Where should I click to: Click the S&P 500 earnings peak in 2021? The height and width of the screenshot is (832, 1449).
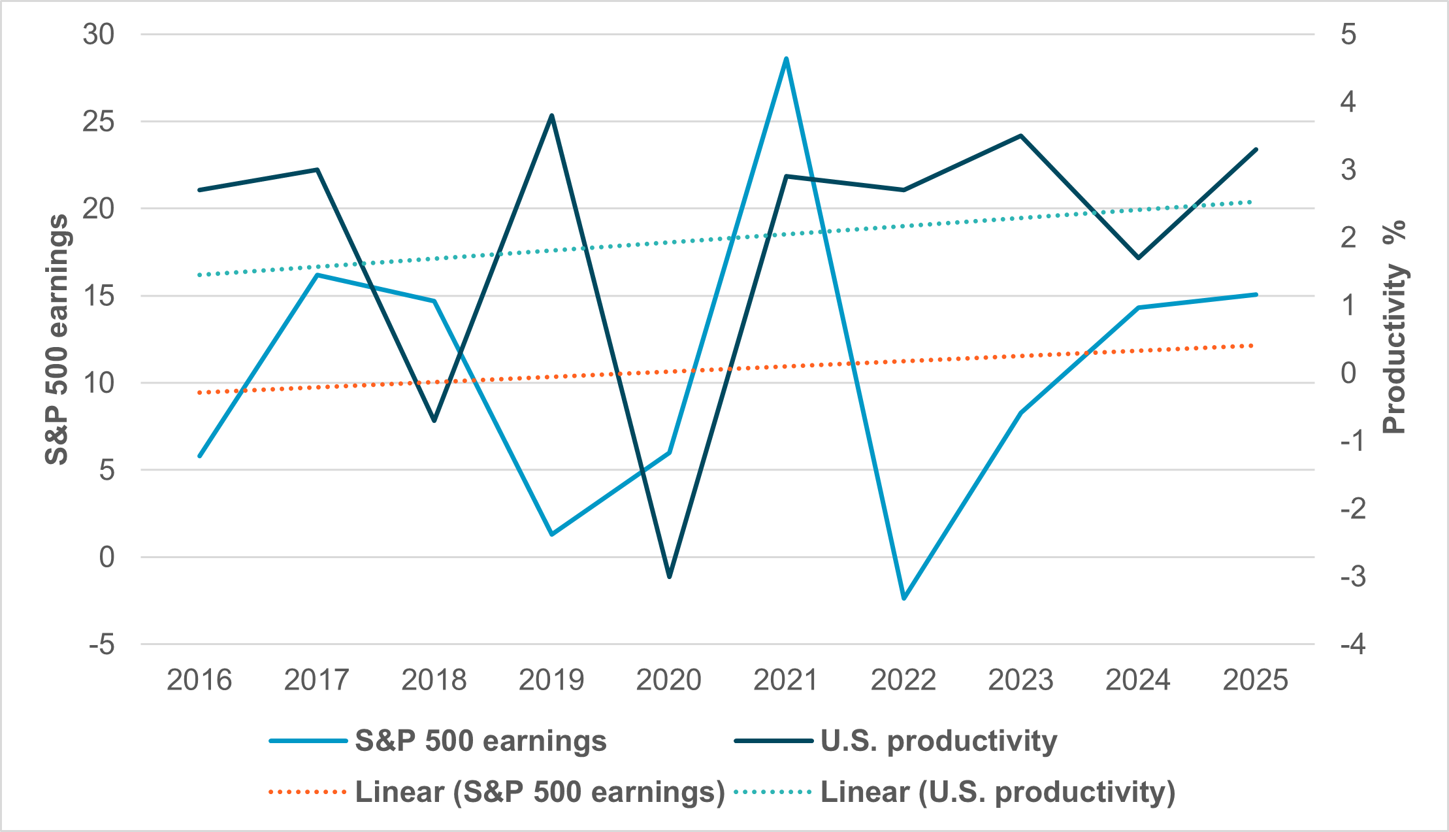(786, 59)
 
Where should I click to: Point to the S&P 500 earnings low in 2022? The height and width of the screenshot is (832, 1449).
(904, 598)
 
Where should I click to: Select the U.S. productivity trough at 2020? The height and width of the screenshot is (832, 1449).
(669, 576)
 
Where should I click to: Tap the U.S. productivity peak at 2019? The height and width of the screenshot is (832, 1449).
(552, 116)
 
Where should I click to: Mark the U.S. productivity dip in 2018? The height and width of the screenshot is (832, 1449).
(434, 420)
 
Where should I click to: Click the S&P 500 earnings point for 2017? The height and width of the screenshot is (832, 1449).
(317, 275)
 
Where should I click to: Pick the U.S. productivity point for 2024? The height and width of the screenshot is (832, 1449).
(1138, 258)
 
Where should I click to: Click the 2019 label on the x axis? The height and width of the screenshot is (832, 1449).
(551, 680)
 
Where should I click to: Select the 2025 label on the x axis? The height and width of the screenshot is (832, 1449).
(1255, 680)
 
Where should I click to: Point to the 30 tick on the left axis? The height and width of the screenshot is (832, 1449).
(99, 34)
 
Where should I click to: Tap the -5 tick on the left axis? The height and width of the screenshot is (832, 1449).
(102, 645)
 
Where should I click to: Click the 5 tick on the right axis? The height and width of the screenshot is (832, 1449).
(1348, 34)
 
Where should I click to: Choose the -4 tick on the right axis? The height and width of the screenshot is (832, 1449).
(1352, 645)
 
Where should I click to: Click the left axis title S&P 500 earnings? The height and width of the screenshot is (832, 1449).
(57, 339)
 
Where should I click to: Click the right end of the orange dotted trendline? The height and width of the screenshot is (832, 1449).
(1251, 345)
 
